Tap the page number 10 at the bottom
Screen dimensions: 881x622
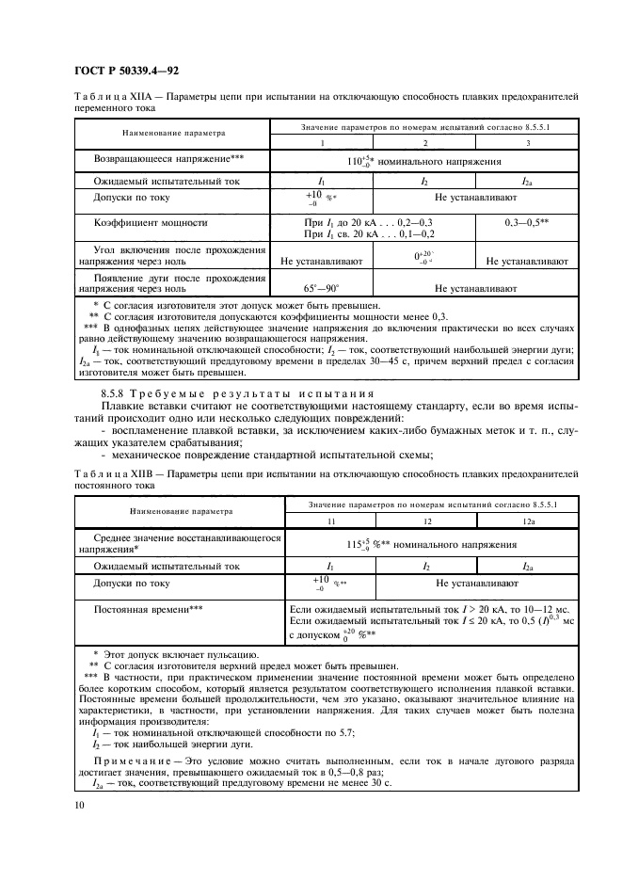[79, 804]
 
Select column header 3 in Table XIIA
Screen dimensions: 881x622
[528, 142]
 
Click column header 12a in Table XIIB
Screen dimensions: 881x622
[527, 521]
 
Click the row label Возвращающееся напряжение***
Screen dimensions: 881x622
[169, 159]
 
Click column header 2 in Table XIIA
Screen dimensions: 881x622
[424, 142]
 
